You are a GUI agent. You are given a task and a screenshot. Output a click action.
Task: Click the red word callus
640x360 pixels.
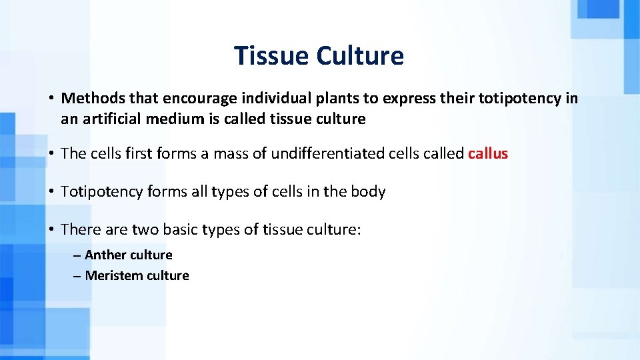click(488, 154)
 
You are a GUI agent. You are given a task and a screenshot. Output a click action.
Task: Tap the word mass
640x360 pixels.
click(229, 154)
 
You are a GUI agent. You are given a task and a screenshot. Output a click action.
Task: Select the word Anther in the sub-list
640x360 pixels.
click(105, 255)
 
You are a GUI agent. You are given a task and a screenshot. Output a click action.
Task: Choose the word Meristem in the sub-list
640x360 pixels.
click(111, 275)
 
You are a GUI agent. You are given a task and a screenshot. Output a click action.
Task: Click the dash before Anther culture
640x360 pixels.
click(77, 255)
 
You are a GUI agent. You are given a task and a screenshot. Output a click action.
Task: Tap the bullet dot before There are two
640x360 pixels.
click(51, 230)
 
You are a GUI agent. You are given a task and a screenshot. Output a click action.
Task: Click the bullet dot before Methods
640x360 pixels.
click(51, 99)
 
